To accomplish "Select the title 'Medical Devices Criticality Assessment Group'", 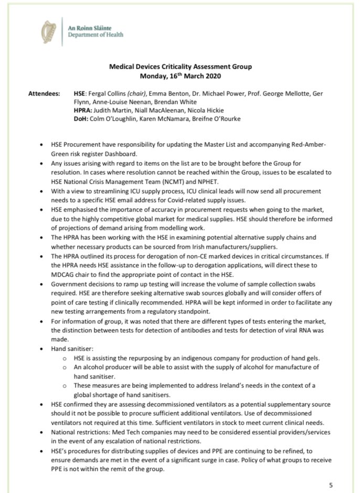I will point(180,67).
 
